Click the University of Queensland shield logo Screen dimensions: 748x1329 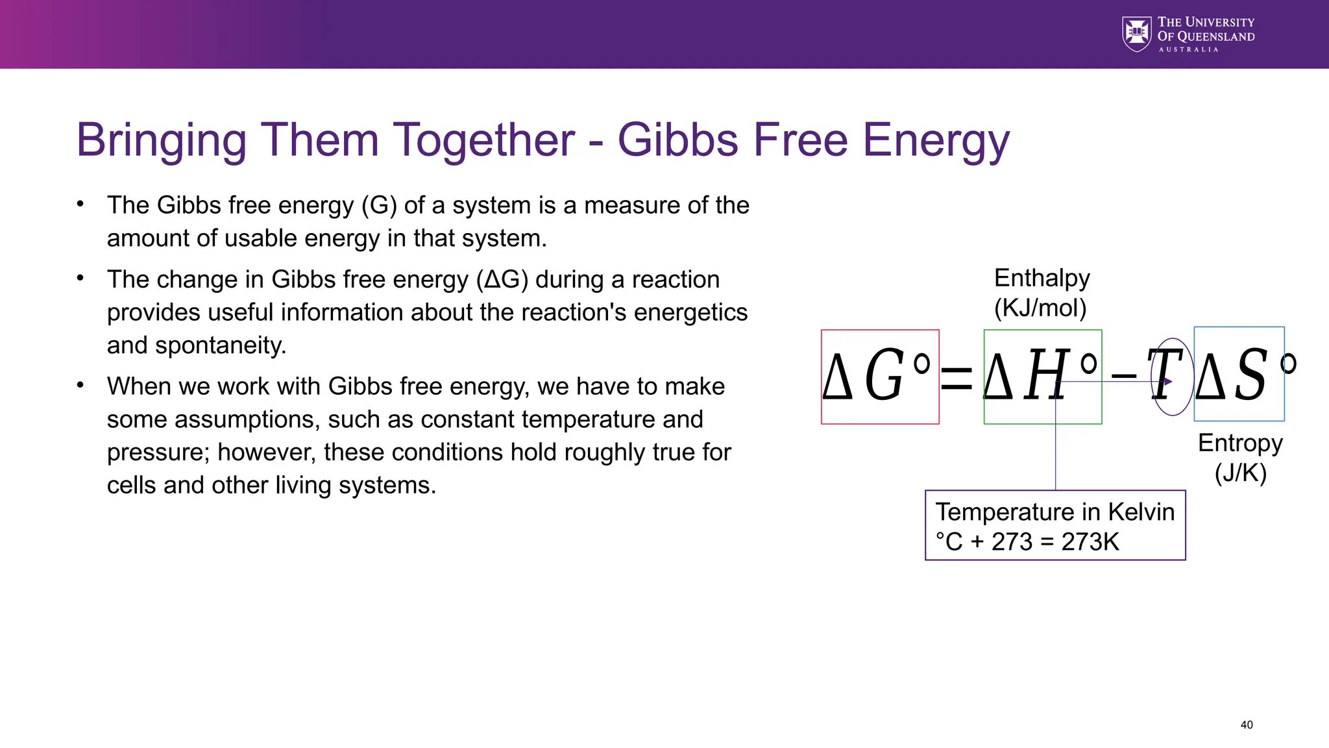click(1137, 34)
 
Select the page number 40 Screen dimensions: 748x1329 click(1246, 725)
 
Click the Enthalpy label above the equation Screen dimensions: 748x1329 click(1042, 278)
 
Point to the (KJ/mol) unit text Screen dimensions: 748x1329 click(1040, 308)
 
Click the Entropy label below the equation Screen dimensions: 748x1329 click(1240, 443)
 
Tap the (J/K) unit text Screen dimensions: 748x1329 click(1240, 473)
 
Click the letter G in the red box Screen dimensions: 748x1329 click(884, 375)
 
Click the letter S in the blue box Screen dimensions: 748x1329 click(1249, 375)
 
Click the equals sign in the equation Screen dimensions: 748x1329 click(957, 377)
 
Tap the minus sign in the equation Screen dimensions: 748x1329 click(1123, 376)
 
